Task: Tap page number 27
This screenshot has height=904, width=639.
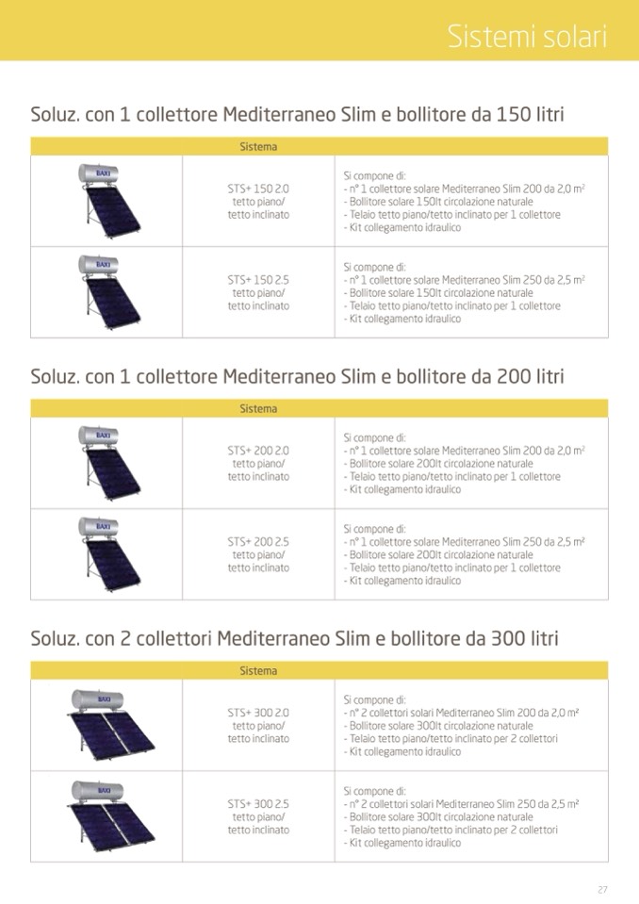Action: pyautogui.click(x=602, y=889)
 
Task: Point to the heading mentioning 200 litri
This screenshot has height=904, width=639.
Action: pyautogui.click(x=298, y=377)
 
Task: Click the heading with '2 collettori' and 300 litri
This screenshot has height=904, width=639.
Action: pyautogui.click(x=294, y=639)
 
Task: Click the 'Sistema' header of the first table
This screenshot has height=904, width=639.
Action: pyautogui.click(x=258, y=147)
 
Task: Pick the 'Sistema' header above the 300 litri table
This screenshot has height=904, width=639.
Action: pyautogui.click(x=258, y=671)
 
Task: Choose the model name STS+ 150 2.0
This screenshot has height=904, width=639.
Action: pyautogui.click(x=258, y=189)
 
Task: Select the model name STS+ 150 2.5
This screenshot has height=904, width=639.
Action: pyautogui.click(x=258, y=280)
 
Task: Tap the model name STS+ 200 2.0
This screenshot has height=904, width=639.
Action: pyautogui.click(x=258, y=451)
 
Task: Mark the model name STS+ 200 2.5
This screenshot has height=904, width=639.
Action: pyautogui.click(x=258, y=542)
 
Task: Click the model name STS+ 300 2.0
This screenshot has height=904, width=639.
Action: pyautogui.click(x=258, y=713)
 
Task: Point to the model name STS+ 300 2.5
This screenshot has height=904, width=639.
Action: pyautogui.click(x=258, y=804)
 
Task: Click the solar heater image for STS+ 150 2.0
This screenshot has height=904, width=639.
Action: pyautogui.click(x=106, y=200)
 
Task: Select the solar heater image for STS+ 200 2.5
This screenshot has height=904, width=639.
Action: pyautogui.click(x=106, y=553)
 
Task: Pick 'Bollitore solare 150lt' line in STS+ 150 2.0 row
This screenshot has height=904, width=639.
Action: pyautogui.click(x=439, y=202)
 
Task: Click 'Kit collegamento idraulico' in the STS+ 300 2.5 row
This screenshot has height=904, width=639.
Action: pyautogui.click(x=403, y=844)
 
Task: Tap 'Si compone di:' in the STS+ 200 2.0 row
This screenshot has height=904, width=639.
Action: pyautogui.click(x=374, y=437)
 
